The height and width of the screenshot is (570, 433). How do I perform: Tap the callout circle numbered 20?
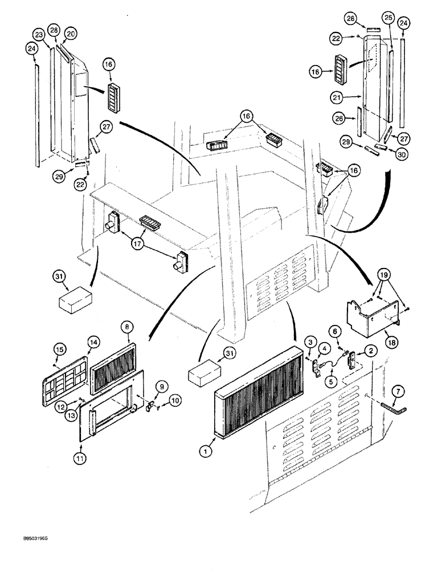tap(70, 34)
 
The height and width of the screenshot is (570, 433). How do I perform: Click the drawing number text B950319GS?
tap(27, 538)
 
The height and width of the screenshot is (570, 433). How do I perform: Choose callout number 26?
tap(340, 118)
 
